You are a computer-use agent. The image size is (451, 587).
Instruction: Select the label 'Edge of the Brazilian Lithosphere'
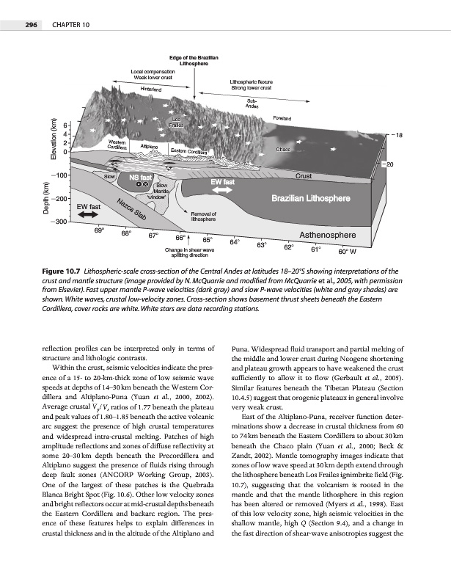(x=193, y=60)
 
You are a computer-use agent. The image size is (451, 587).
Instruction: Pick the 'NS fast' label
(x=142, y=177)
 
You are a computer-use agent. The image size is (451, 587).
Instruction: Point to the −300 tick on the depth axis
(x=57, y=220)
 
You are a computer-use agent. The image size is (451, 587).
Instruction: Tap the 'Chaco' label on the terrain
(x=285, y=150)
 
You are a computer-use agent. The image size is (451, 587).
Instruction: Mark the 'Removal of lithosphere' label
(x=202, y=216)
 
